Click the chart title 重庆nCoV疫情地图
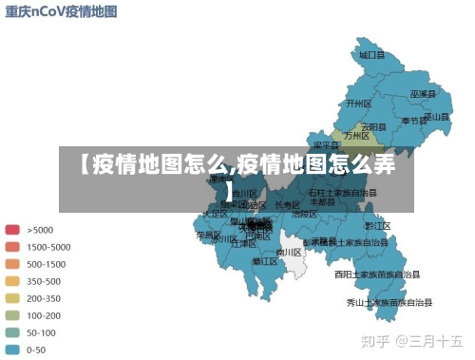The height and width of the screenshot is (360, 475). [x=62, y=12]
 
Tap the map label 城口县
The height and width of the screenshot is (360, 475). [x=372, y=56]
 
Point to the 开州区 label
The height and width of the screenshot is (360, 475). [x=357, y=103]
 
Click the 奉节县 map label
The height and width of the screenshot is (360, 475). [x=413, y=121]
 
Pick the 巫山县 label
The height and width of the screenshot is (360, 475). [x=436, y=116]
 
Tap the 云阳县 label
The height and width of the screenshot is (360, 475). [x=373, y=126]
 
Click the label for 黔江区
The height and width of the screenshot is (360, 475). [x=377, y=226]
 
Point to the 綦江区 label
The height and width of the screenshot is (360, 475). [x=265, y=260]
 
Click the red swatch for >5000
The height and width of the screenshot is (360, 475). [x=12, y=229]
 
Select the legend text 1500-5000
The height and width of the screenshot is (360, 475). [x=48, y=246]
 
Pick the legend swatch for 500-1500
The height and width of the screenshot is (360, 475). [x=12, y=263]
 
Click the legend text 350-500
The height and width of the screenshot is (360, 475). [x=45, y=280]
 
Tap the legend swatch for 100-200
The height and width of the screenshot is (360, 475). [x=12, y=314]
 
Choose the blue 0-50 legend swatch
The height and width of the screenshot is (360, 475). [x=12, y=349]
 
